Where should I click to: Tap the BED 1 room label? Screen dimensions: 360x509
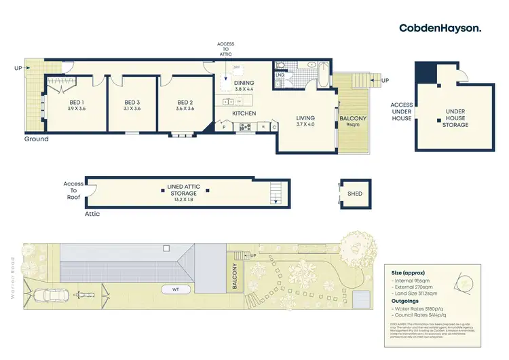[x=77, y=102]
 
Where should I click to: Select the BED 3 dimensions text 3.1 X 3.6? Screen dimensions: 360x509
[x=132, y=109]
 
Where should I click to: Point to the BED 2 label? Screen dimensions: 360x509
[x=185, y=102]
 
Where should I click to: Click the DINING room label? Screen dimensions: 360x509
[x=244, y=83]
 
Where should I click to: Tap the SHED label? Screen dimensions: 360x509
[x=354, y=194]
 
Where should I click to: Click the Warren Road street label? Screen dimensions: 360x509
[x=12, y=271]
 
